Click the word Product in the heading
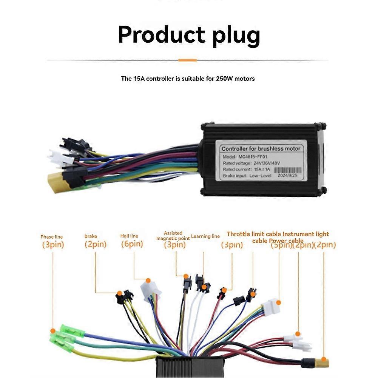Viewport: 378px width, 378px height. point(162,35)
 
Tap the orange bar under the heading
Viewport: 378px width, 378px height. point(188,60)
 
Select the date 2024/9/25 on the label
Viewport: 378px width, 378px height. point(288,176)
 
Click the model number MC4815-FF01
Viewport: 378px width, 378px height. point(256,156)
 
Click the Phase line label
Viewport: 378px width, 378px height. point(52,237)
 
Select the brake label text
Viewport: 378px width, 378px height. point(91,236)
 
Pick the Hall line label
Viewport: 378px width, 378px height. point(129,236)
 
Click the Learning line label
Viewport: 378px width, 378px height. point(205,236)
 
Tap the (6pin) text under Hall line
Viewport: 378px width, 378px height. point(132,244)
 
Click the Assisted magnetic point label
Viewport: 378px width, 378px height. point(173,236)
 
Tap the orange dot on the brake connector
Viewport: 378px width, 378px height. point(119,293)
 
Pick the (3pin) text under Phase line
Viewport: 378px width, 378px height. point(52,245)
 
